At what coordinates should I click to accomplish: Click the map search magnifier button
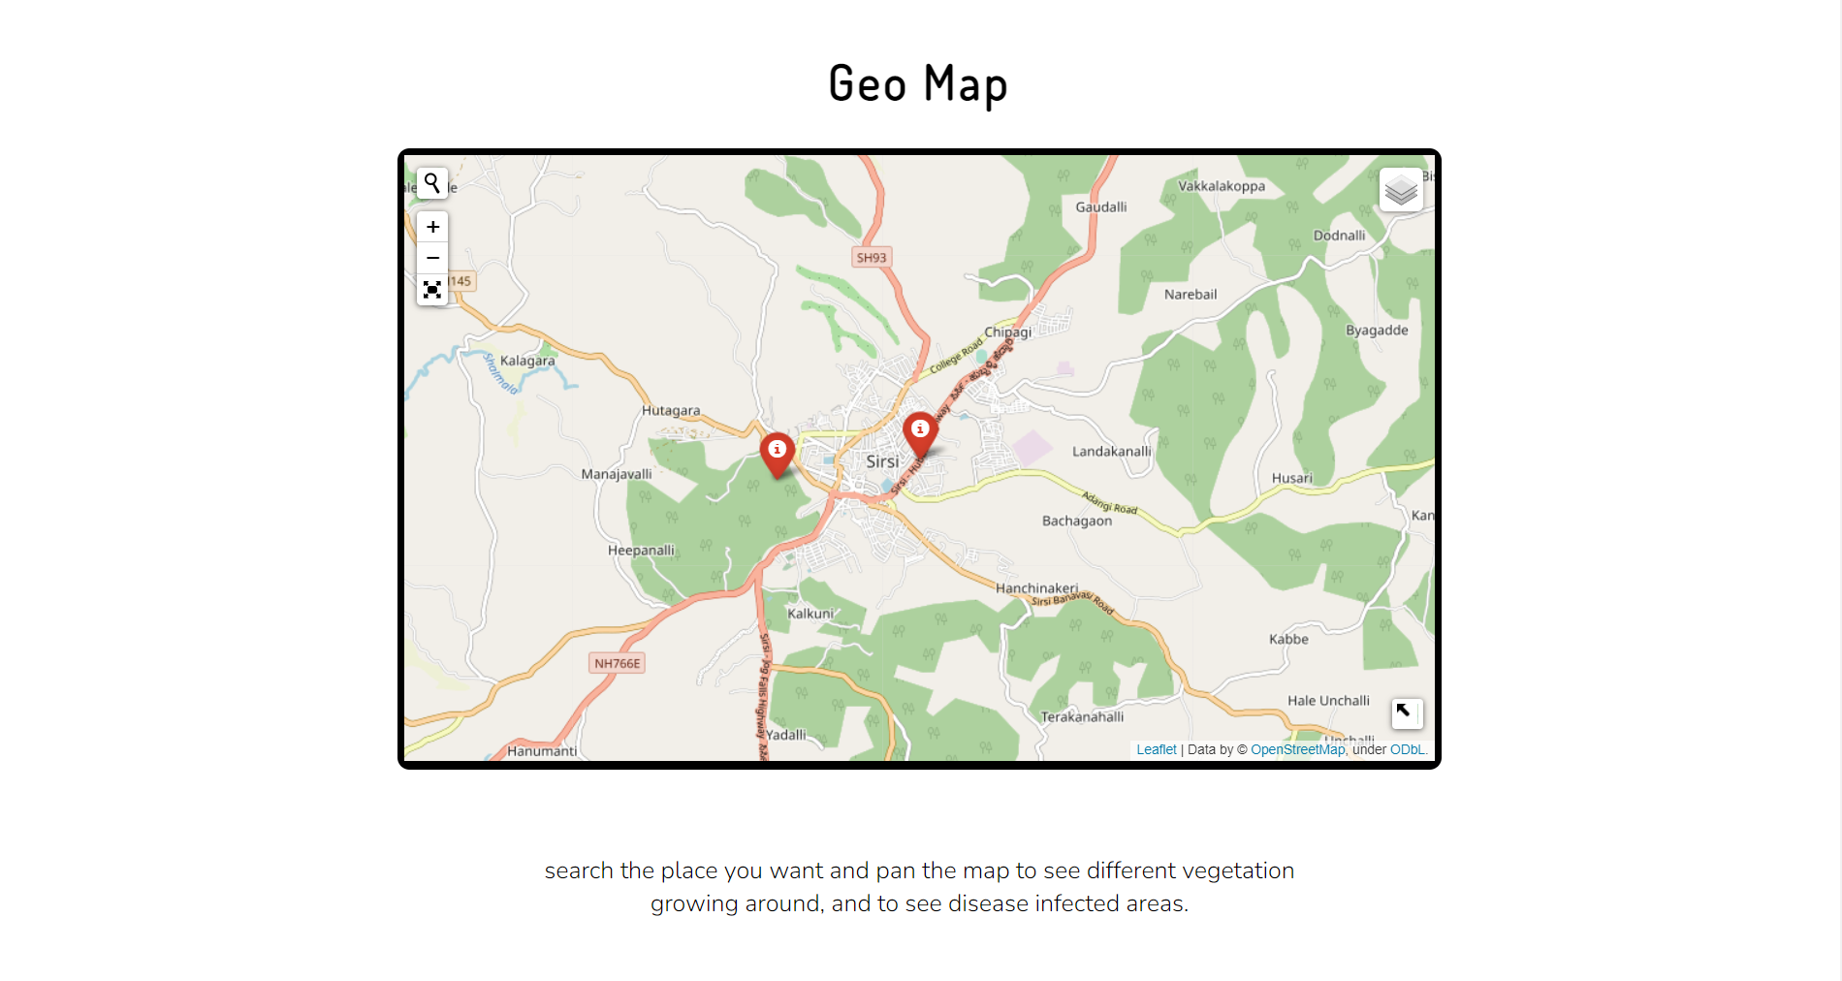432,183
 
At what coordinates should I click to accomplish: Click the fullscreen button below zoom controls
432,290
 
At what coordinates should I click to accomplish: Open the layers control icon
1401,190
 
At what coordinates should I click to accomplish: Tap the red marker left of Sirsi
777,453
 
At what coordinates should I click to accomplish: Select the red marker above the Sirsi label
920,432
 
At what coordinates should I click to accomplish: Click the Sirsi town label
882,461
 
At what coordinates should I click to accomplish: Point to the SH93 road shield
872,258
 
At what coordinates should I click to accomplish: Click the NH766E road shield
618,663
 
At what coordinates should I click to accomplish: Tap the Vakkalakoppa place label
1222,186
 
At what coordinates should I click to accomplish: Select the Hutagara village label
671,410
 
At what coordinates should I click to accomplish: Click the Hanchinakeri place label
1036,587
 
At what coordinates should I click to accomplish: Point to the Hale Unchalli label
1328,700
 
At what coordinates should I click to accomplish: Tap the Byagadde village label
1377,330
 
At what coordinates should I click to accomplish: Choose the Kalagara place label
527,361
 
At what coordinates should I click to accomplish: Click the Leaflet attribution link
1156,749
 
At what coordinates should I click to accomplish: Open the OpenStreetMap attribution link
1297,749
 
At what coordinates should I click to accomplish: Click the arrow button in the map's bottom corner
1406,712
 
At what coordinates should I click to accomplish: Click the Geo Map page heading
918,83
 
